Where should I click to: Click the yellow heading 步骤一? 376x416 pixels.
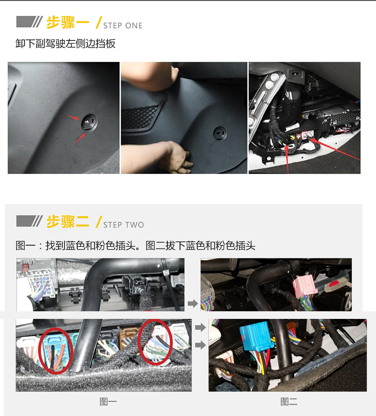point(68,22)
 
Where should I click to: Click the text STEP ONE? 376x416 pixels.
point(123,26)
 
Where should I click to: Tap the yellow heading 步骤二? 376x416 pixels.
point(68,221)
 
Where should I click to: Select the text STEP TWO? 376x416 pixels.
point(124,225)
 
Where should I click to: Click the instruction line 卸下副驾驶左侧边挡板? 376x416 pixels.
point(66,43)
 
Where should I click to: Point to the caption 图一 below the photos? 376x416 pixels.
point(108,402)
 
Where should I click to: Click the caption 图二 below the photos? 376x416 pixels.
point(289,402)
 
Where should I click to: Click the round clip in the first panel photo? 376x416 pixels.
point(89,123)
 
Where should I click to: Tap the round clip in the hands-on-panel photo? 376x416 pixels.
point(220,133)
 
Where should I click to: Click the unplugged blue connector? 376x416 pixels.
point(257,336)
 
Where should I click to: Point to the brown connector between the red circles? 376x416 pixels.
point(128,337)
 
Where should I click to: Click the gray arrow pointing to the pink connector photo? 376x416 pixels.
point(193,303)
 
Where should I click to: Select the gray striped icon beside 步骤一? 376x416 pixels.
point(30,22)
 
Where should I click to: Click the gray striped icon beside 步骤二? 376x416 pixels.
point(30,221)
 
